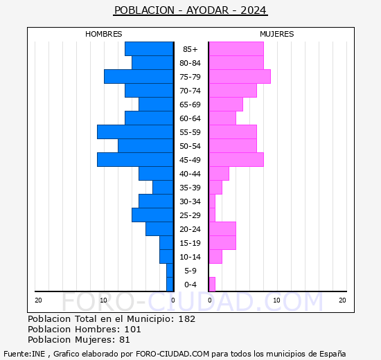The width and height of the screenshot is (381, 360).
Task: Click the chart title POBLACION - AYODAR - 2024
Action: click(190, 10)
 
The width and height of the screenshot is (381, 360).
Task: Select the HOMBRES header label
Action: click(104, 34)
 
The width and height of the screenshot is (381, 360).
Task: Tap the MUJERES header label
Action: click(276, 34)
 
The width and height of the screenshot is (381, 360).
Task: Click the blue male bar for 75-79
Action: click(139, 76)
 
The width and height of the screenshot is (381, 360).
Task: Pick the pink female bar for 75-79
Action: click(239, 76)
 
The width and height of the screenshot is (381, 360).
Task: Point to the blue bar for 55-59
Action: click(135, 132)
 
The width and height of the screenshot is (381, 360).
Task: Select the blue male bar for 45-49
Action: click(135, 159)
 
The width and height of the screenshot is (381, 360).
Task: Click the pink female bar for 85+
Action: click(236, 48)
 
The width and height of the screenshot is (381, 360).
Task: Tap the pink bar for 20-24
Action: click(222, 228)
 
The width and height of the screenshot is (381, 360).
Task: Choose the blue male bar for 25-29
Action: click(152, 215)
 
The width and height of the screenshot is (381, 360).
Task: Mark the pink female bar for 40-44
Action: click(218, 173)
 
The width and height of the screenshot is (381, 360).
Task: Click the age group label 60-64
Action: click(190, 118)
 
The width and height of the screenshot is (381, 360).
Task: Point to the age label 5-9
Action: click(190, 271)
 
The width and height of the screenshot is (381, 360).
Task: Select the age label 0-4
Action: click(190, 285)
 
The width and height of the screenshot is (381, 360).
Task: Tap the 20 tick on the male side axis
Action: click(38, 300)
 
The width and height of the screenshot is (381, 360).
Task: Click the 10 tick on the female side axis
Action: click(276, 300)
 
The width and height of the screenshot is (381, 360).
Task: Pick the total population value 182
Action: click(186, 319)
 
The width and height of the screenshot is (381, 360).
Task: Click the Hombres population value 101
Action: click(132, 330)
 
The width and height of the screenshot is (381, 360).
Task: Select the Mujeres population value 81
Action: click(123, 340)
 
